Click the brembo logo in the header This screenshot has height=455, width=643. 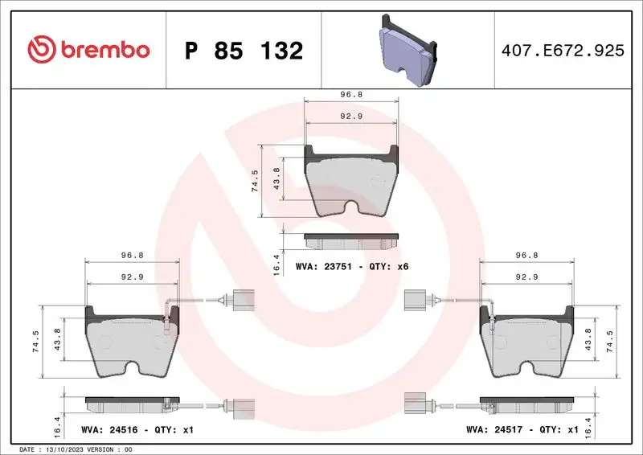88,50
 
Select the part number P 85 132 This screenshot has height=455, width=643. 244,51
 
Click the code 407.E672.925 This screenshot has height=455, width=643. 562,51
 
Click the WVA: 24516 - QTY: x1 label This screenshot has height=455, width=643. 137,430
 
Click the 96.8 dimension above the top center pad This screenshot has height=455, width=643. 352,94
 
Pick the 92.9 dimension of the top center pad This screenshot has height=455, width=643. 352,116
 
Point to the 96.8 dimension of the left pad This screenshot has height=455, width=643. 132,255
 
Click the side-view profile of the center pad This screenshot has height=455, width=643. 352,240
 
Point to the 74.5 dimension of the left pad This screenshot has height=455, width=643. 35,342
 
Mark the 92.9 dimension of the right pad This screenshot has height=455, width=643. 526,277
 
